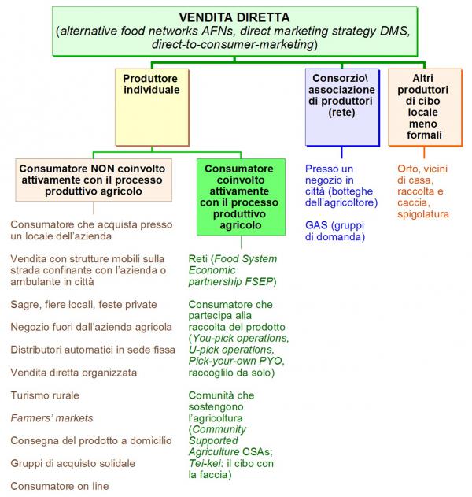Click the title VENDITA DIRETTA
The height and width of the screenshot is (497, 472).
coord(234,17)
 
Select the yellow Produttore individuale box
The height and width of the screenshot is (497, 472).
coord(152,107)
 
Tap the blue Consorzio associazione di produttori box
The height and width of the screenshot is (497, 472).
coord(342,107)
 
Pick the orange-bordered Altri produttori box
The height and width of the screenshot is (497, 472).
coord(425,107)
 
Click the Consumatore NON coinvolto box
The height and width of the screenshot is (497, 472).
coord(94,180)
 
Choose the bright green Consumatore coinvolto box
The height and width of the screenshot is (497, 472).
coord(241,197)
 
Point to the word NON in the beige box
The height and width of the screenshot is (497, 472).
coord(101,169)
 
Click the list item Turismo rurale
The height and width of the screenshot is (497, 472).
coord(45,395)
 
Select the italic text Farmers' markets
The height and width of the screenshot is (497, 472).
coord(52,418)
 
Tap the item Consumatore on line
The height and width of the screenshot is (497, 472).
coord(60,486)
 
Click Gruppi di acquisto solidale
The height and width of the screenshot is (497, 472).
coord(73,463)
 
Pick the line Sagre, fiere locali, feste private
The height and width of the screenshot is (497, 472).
coord(84,305)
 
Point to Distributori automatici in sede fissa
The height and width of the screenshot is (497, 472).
coord(93,350)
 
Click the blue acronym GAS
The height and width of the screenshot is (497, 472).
coord(316,225)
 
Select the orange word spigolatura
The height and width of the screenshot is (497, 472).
coord(423,214)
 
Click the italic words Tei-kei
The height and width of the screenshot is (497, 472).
coord(205,463)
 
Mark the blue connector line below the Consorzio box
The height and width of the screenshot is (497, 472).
coord(342,153)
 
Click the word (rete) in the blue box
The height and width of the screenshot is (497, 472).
coord(341,113)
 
